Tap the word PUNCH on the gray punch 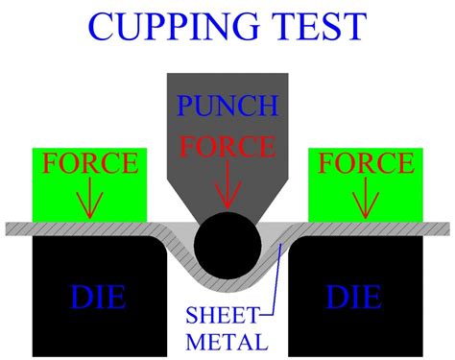coord(227,105)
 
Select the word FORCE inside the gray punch coord(227,147)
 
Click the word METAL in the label coord(227,340)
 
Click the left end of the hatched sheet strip coord(10,228)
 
